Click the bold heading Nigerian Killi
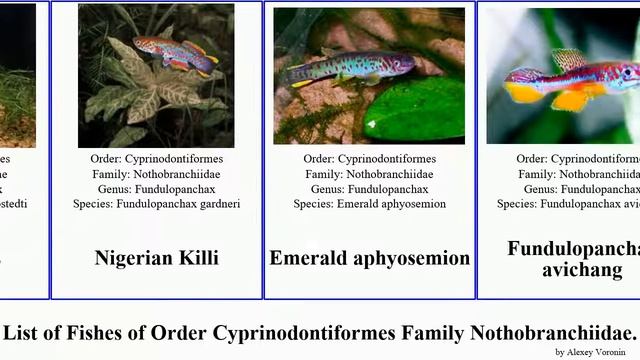coord(156,258)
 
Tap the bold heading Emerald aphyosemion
coord(369,258)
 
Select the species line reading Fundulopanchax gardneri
coord(156,204)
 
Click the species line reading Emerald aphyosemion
coord(369,204)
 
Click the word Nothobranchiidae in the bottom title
coord(551,332)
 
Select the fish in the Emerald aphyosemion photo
coord(340,67)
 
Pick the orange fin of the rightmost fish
coord(571,99)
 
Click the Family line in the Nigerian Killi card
coord(156,174)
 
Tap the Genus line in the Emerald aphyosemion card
coord(369,189)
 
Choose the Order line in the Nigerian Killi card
coord(156,159)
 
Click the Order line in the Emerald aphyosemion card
coord(369,159)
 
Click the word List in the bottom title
coord(24,332)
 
